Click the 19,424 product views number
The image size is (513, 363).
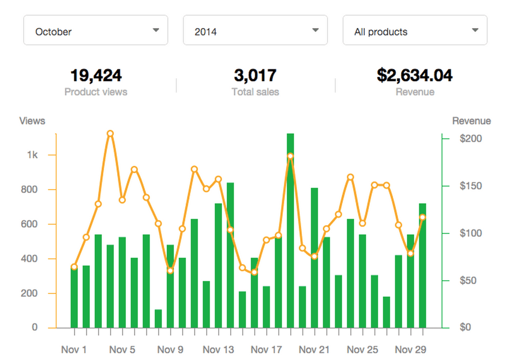click(96, 75)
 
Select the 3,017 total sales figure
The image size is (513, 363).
click(255, 75)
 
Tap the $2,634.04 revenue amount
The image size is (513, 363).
click(414, 75)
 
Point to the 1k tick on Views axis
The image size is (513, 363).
click(33, 155)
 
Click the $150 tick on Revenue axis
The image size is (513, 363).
click(470, 186)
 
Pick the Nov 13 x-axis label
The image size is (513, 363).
click(218, 350)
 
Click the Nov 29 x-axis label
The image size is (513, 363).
click(410, 350)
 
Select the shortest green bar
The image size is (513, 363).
click(158, 319)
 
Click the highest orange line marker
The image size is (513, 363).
click(110, 133)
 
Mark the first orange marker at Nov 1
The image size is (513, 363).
click(74, 267)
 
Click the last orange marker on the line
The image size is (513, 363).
click(423, 217)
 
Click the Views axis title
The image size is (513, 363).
click(32, 121)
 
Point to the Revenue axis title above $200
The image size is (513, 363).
click(471, 121)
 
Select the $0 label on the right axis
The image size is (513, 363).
click(465, 327)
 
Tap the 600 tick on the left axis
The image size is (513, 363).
click(29, 224)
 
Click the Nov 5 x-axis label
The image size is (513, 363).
click(122, 350)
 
